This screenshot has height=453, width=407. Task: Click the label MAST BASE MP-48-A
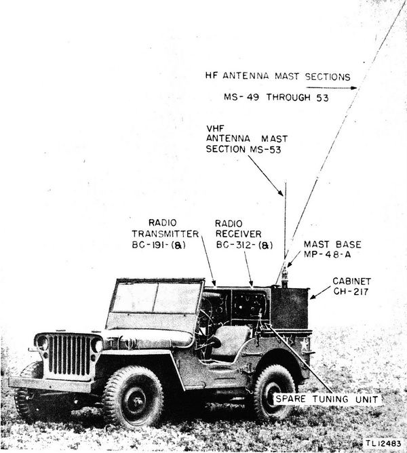332,250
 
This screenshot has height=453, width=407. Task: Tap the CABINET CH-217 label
351,286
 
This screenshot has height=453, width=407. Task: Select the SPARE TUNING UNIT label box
327,399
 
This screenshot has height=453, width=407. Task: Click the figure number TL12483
383,444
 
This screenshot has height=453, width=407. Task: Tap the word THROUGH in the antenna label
288,98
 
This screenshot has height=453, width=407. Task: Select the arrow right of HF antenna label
332,87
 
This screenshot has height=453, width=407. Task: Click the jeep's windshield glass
156,298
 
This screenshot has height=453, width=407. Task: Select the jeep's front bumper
51,385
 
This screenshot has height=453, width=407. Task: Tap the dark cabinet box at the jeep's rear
290,308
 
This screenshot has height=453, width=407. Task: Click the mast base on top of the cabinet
284,276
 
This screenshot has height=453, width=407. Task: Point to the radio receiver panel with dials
249,305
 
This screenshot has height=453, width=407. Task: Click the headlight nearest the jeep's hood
97,345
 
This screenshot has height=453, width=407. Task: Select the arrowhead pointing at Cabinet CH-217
313,296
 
